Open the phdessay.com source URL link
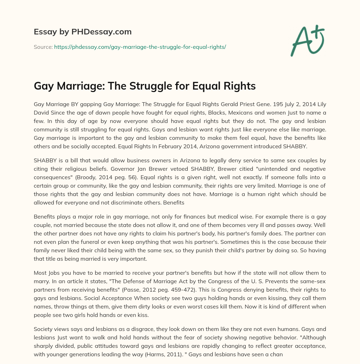click(140, 47)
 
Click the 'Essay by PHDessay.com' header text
click(83, 32)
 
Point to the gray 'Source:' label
click(43, 47)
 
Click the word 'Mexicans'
click(251, 113)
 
